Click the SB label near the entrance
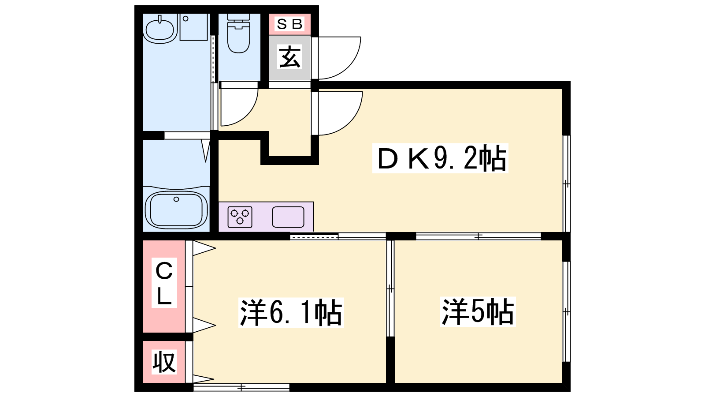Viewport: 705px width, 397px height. (x=289, y=24)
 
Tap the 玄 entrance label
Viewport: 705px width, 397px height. (x=289, y=57)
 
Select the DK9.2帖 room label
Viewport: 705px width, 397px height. (x=440, y=158)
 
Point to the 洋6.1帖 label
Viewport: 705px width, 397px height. (x=291, y=313)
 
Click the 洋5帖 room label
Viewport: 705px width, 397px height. (x=478, y=311)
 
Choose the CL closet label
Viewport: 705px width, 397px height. (x=164, y=283)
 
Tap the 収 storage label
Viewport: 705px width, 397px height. (x=164, y=362)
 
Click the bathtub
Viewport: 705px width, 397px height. (x=177, y=210)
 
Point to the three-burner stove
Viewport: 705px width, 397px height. (x=240, y=217)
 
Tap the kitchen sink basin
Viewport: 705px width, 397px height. (x=288, y=217)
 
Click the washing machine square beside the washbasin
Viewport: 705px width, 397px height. (x=193, y=27)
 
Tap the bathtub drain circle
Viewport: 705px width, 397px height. (x=176, y=199)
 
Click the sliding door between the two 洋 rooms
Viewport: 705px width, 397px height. (x=390, y=288)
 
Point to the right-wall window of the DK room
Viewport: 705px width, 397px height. (x=567, y=184)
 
